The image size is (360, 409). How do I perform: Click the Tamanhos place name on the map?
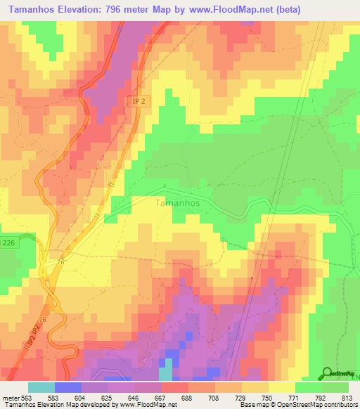(176, 202)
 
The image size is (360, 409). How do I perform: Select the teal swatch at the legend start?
(41, 387)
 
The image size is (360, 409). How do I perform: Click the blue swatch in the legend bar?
(68, 387)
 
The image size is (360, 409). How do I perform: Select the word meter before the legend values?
(11, 397)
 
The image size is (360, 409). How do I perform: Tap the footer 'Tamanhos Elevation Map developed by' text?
(60, 405)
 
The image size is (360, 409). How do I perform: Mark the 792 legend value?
(321, 397)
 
